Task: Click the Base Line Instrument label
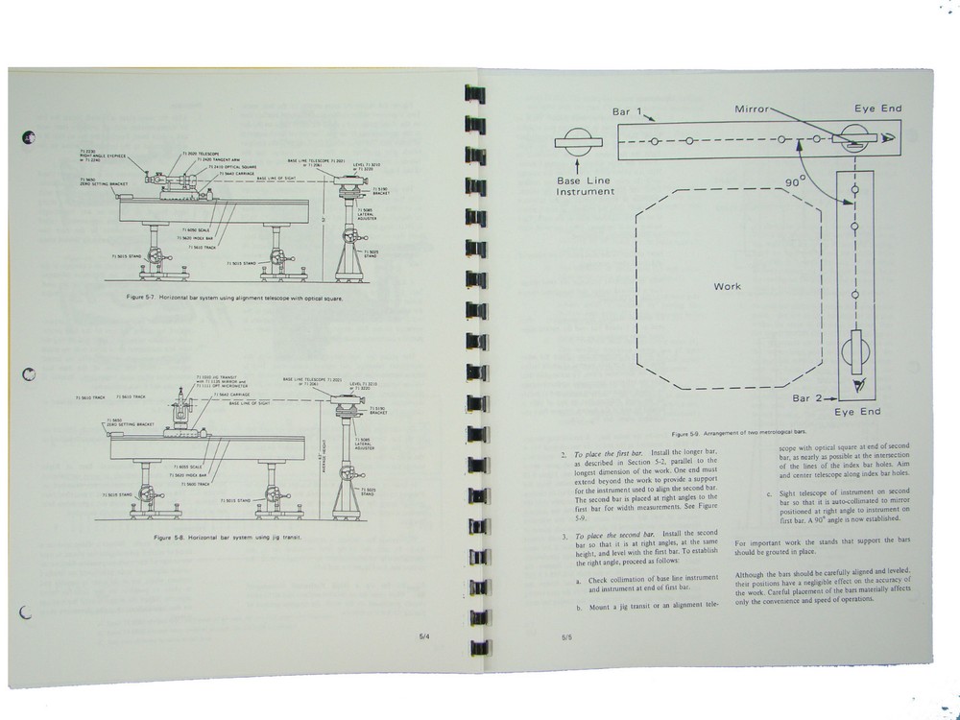click(x=585, y=185)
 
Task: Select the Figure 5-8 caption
click(x=227, y=539)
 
